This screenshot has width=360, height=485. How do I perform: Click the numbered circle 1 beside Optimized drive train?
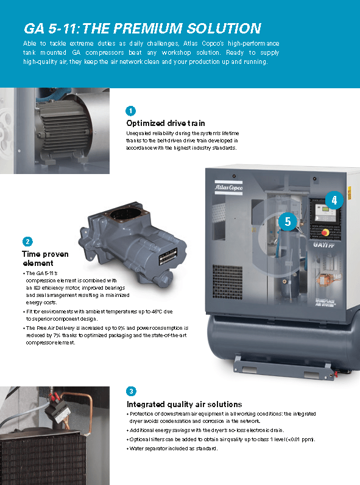coord(130,111)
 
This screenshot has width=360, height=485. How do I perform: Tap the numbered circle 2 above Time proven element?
coord(27,242)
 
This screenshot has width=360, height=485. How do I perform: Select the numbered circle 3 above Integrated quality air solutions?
coord(131,391)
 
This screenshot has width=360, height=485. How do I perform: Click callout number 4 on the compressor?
coord(334,200)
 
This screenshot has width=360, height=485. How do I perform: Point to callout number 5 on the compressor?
coord(288,222)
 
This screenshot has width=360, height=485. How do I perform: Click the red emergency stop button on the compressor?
coord(325,232)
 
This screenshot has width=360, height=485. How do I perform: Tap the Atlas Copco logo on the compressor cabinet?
coord(229,187)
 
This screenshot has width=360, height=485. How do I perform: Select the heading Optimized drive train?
coord(166,123)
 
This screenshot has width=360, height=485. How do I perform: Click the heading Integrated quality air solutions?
coord(185,404)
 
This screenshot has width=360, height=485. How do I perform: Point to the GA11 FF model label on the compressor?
coord(324,245)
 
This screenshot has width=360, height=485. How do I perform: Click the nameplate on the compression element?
coord(168,257)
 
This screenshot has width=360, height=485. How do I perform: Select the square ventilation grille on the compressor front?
coord(228,282)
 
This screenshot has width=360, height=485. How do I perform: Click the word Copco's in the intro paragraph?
coord(213,43)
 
